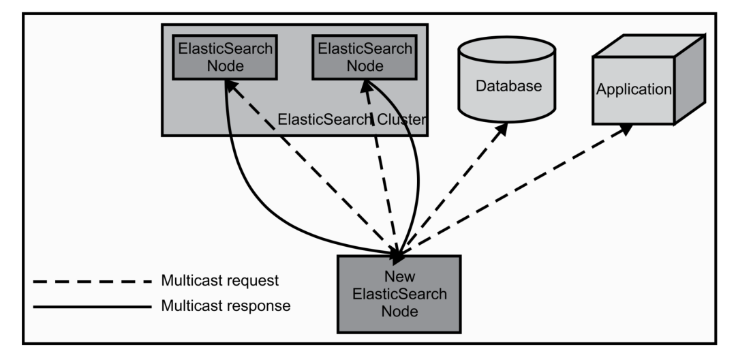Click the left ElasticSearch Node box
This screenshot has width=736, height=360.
click(x=225, y=57)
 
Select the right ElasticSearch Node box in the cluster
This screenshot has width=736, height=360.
click(x=365, y=57)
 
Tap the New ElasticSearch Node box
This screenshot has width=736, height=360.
click(x=399, y=295)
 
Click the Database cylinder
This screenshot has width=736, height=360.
click(x=507, y=79)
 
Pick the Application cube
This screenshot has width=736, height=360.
click(x=649, y=80)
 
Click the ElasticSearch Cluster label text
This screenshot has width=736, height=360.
click(x=352, y=119)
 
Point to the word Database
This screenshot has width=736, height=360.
click(x=508, y=86)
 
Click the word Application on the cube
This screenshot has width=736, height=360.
click(x=634, y=89)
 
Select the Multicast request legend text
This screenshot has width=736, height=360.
click(x=220, y=280)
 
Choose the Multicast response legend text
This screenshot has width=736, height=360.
click(x=226, y=306)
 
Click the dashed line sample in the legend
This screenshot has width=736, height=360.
click(x=93, y=282)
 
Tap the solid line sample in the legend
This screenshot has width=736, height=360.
click(x=93, y=307)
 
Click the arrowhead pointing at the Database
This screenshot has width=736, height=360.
click(x=502, y=129)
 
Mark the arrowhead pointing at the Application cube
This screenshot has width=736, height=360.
click(x=625, y=129)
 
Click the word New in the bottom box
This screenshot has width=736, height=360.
click(x=399, y=275)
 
